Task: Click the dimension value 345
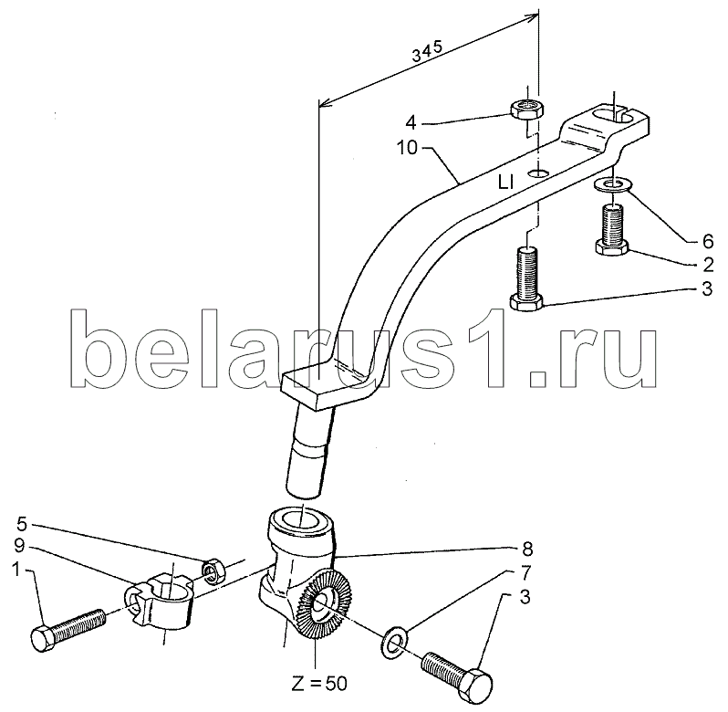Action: click(x=428, y=51)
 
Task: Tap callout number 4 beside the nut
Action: click(x=411, y=123)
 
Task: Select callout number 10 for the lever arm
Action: click(x=407, y=149)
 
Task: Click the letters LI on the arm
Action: click(x=505, y=183)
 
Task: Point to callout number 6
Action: click(x=708, y=241)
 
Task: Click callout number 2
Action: click(x=708, y=265)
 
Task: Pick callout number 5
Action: click(x=22, y=524)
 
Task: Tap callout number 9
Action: click(x=19, y=546)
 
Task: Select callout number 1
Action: click(x=16, y=570)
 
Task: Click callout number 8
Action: click(x=527, y=549)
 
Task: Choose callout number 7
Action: click(x=525, y=573)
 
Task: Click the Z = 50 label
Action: click(x=319, y=683)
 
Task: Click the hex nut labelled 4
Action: click(x=527, y=110)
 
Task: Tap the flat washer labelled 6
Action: click(x=612, y=185)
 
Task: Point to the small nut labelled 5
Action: click(x=213, y=571)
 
